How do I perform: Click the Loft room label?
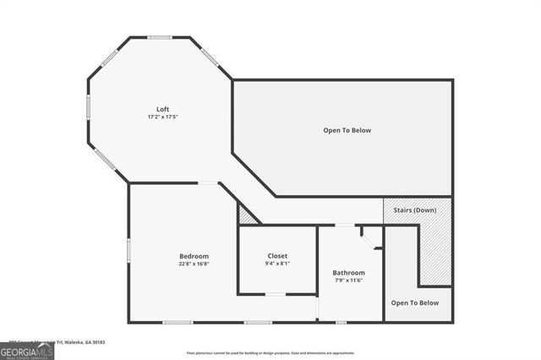click(162, 109)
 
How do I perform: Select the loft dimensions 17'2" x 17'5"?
click(162, 117)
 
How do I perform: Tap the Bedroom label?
click(194, 256)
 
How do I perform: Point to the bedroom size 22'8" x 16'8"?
click(194, 264)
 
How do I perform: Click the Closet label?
click(277, 255)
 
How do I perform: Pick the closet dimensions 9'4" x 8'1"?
click(277, 263)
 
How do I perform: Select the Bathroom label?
click(348, 273)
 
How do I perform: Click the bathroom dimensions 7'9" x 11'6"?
click(348, 281)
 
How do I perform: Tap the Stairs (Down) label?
click(416, 209)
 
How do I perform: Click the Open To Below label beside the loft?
click(347, 130)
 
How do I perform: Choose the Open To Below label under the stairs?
click(414, 303)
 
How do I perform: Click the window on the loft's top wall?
click(159, 37)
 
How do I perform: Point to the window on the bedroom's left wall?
click(128, 250)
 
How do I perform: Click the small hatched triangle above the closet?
click(246, 216)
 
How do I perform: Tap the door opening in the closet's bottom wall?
click(276, 294)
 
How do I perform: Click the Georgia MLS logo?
click(27, 350)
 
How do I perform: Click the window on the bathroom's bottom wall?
click(341, 322)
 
